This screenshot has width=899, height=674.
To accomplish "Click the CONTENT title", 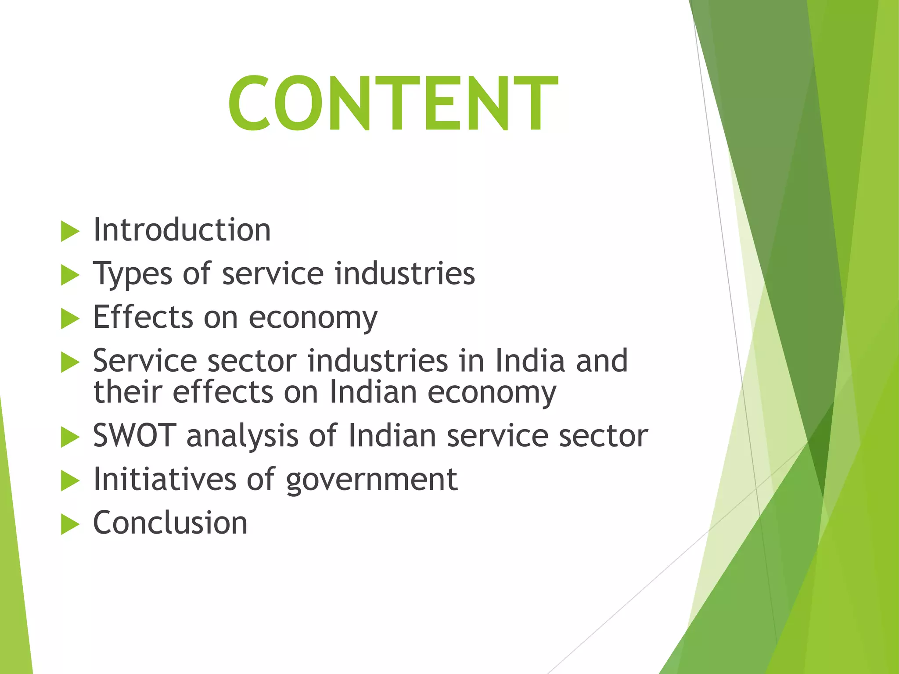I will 393,104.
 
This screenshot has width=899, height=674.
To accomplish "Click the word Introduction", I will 182,230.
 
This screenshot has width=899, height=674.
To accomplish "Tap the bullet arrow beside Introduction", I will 70,231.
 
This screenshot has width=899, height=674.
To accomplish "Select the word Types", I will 133,274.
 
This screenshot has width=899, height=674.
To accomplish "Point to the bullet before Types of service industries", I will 70,275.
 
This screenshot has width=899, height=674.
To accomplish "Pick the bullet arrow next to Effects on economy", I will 70,319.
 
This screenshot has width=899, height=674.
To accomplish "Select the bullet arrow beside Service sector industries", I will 70,362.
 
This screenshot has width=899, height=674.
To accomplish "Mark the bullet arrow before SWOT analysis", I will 70,437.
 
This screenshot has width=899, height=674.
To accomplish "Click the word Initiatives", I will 165,479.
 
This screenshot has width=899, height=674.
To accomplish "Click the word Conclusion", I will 170,523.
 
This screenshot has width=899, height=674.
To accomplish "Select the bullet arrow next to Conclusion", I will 70,524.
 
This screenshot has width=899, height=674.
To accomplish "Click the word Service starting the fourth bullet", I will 145,361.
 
